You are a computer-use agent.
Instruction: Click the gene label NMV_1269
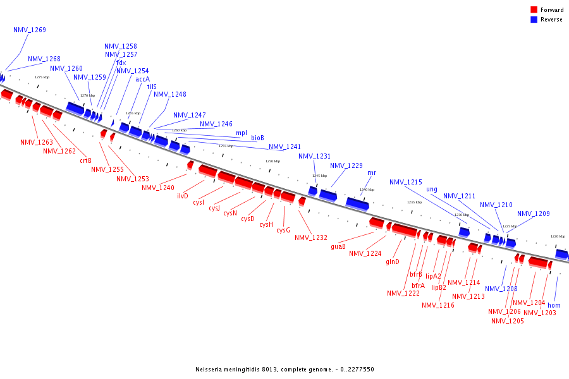29,30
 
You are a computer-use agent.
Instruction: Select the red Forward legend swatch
534,9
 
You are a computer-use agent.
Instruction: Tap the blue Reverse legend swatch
534,20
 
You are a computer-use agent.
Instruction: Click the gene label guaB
338,246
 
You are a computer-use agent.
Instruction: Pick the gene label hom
554,305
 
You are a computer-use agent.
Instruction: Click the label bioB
257,138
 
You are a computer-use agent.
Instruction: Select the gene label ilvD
183,196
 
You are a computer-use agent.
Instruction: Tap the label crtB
85,160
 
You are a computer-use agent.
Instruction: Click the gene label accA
142,79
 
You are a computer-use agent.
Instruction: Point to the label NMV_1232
310,238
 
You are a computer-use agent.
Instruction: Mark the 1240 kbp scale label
367,189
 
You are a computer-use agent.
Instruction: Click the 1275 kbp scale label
42,77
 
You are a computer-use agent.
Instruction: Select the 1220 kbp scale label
557,236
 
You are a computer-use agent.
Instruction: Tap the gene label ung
432,189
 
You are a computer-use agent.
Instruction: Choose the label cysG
283,230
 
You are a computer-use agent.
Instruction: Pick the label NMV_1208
501,289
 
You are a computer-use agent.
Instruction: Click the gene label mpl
242,133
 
